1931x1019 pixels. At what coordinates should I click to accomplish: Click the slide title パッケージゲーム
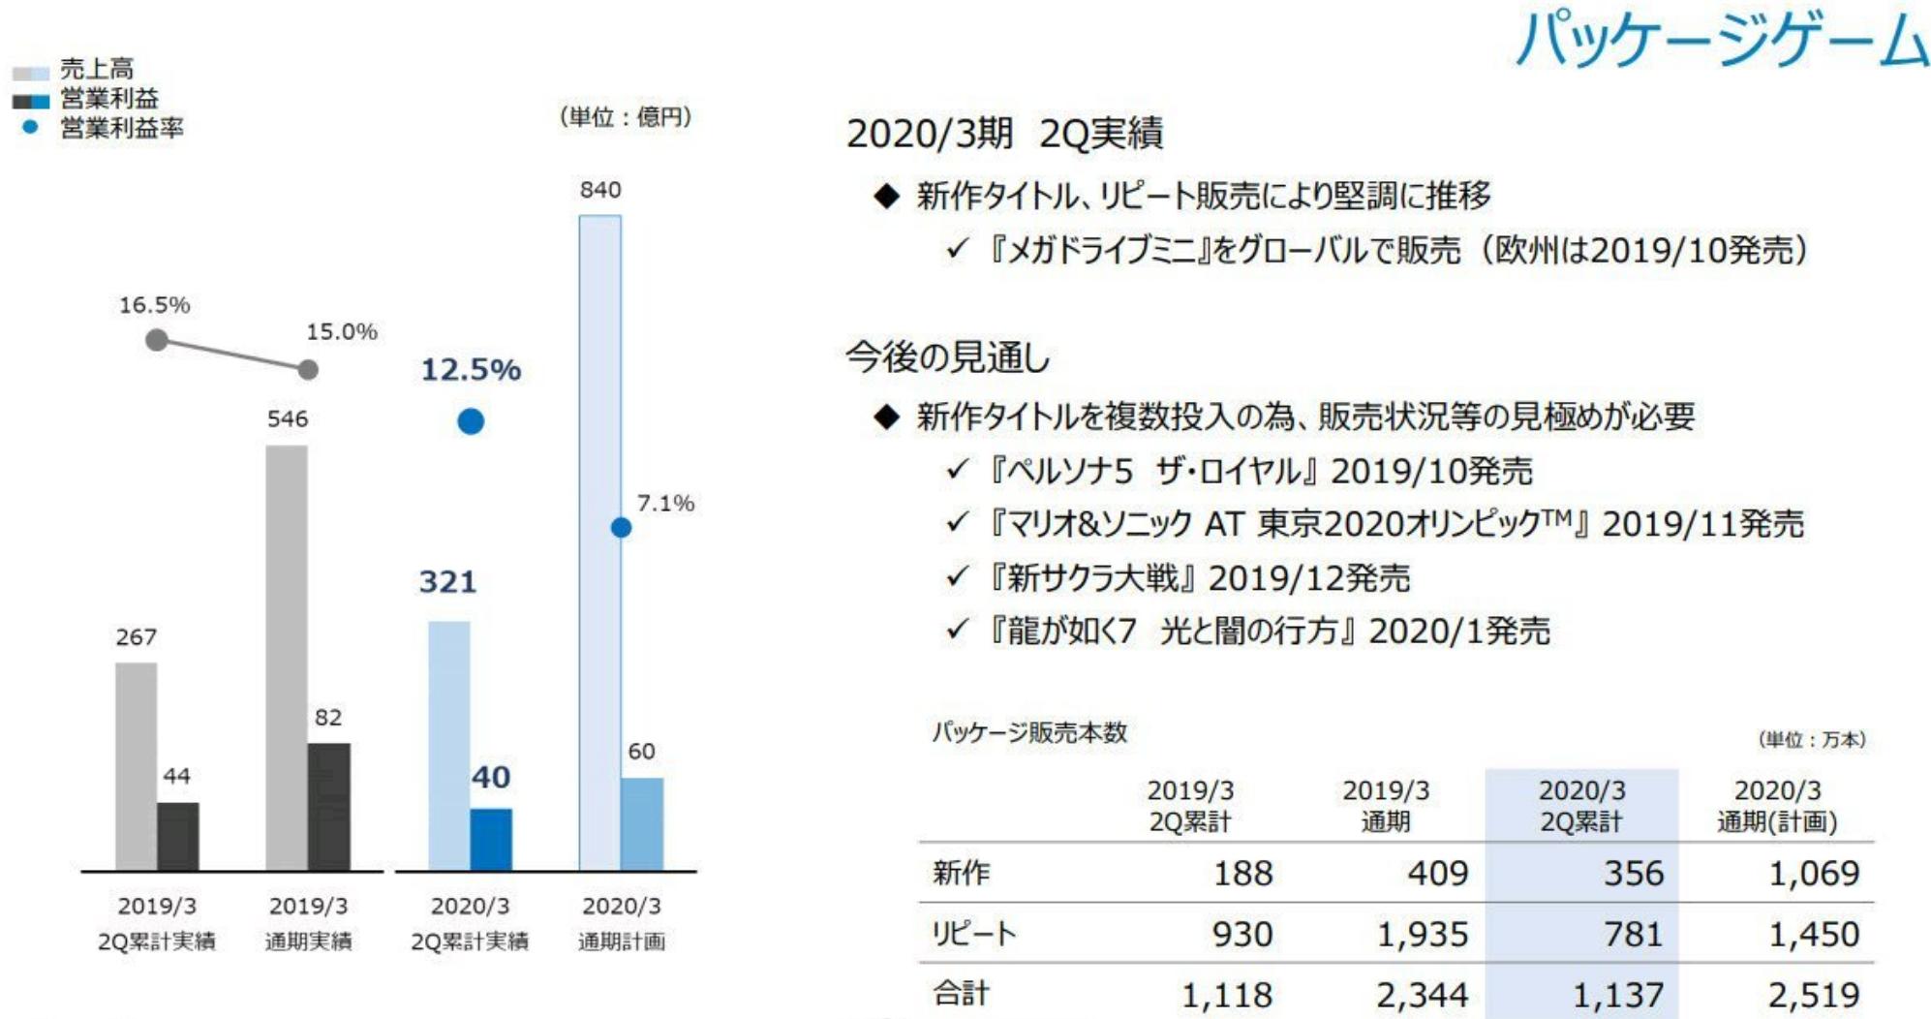tap(1721, 41)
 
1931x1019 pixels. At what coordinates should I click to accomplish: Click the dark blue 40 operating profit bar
tap(491, 839)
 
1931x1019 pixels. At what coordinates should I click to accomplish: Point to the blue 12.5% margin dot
tap(471, 421)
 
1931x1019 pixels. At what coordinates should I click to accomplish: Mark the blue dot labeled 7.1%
tap(621, 528)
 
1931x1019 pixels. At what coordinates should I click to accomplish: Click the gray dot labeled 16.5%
tap(156, 340)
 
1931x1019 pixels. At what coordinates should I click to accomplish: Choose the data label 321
tap(447, 582)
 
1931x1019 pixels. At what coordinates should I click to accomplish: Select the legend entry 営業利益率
tap(121, 128)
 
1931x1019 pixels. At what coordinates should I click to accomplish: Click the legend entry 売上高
tap(96, 70)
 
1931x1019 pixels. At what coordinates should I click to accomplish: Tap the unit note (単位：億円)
tap(626, 117)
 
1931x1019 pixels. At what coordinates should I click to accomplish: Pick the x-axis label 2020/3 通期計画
tap(621, 923)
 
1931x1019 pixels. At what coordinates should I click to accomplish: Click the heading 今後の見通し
tap(947, 357)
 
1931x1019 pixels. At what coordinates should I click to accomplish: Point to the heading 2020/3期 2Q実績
tap(1004, 134)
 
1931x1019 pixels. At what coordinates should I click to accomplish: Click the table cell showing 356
tap(1633, 874)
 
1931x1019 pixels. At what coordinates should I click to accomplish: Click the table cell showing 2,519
tap(1813, 995)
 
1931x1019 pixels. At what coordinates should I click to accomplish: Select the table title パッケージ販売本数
tap(1029, 732)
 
